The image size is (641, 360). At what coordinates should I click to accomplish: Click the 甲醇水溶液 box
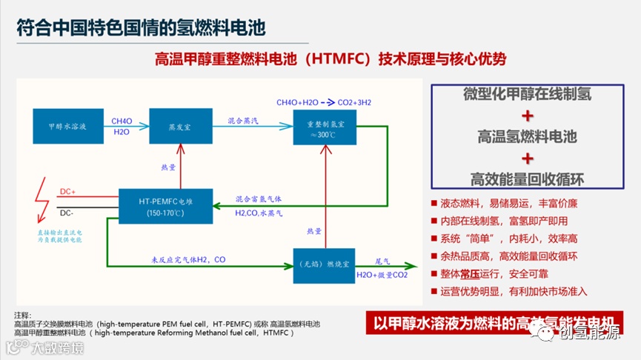click(x=62, y=127)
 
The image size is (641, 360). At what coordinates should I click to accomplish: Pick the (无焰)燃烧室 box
click(x=325, y=265)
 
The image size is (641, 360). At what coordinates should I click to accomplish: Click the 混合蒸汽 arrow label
click(x=244, y=119)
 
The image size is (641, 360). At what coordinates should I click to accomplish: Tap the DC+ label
click(x=68, y=192)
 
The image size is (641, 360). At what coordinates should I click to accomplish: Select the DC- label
click(x=67, y=213)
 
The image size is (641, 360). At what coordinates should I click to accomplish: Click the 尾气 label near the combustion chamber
click(x=382, y=261)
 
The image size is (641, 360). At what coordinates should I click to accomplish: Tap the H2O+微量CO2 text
click(x=382, y=275)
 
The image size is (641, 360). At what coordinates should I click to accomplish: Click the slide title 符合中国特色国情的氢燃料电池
click(x=141, y=27)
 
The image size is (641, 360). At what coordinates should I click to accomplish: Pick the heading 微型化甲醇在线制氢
click(x=527, y=94)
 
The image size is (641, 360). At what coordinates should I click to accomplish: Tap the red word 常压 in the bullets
click(x=483, y=274)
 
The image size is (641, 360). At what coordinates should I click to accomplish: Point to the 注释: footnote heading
click(x=24, y=315)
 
